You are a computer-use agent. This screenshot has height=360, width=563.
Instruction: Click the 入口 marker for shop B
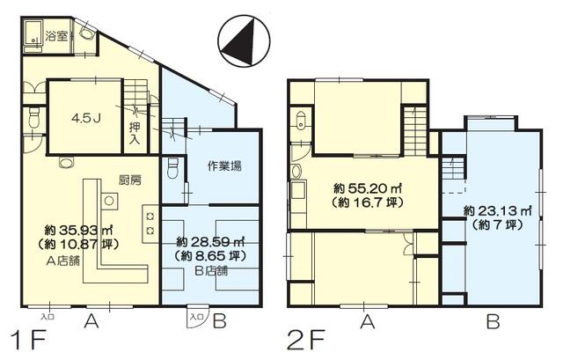(196, 316)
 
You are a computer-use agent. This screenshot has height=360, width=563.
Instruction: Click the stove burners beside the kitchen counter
(150, 223)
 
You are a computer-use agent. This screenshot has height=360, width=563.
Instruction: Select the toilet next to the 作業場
(172, 165)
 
